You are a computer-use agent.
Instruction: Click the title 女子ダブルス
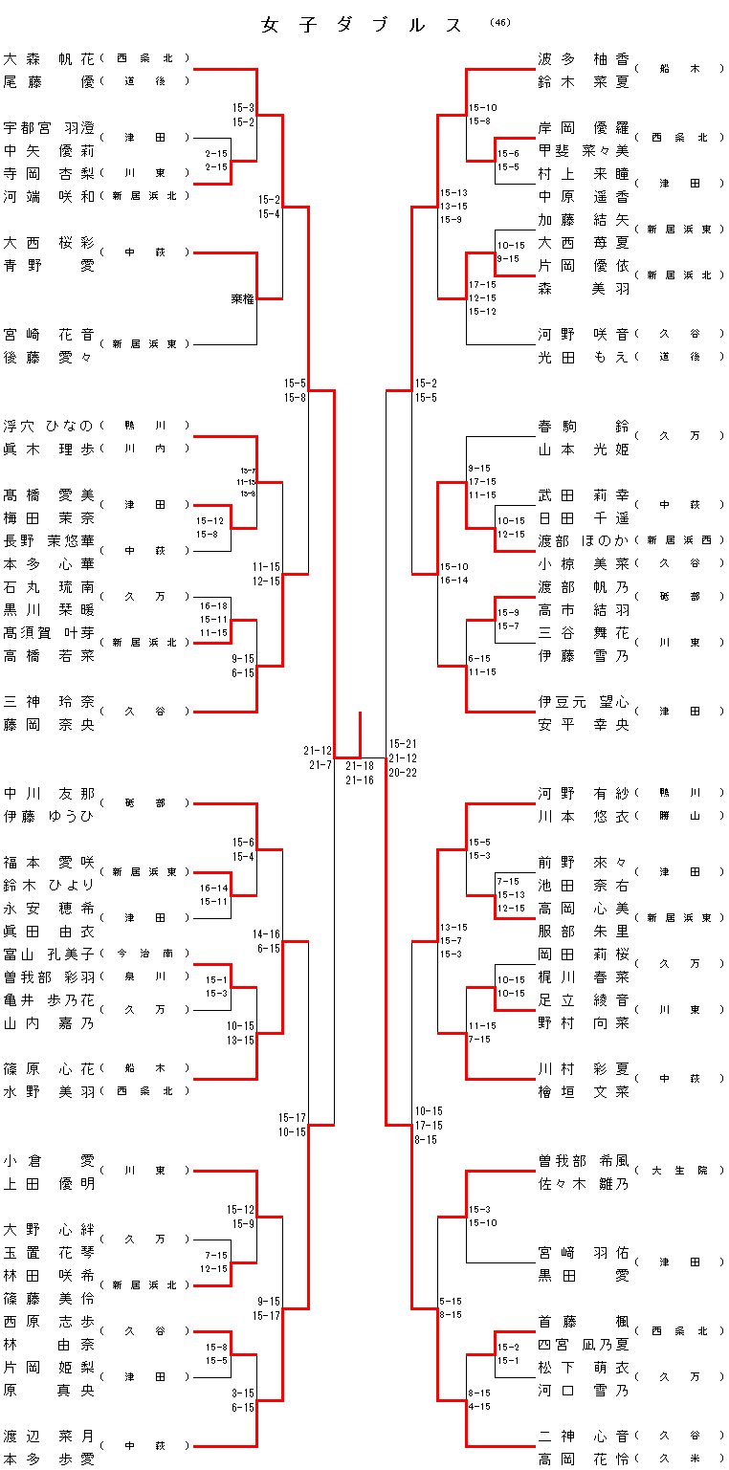(363, 26)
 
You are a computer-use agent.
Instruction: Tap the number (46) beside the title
(499, 22)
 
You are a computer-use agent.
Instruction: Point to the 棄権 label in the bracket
(243, 299)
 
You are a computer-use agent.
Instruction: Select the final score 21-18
(360, 766)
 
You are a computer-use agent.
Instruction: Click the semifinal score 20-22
(403, 773)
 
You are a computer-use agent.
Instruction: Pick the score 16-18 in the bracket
(214, 605)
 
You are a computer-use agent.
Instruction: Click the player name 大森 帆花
(49, 58)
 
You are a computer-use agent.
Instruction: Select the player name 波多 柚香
(584, 58)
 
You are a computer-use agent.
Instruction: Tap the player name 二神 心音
(584, 1436)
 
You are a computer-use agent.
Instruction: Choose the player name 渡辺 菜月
(49, 1436)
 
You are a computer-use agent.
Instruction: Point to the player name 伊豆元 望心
(584, 701)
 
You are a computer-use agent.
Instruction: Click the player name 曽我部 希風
(584, 1160)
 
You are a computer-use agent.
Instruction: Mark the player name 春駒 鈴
(584, 426)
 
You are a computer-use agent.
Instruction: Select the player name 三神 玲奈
(49, 701)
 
